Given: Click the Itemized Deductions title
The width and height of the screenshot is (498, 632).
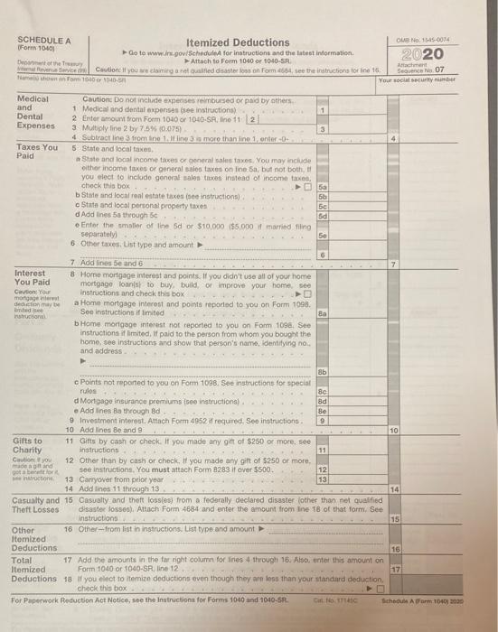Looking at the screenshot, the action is coord(237,42).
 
